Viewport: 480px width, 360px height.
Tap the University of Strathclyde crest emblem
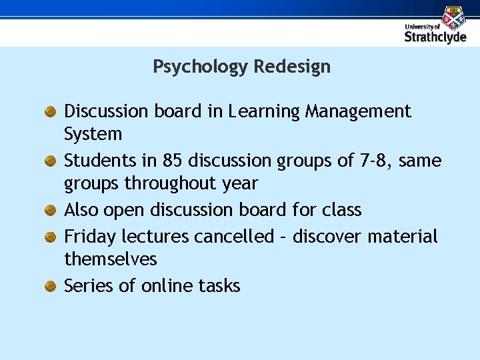pyautogui.click(x=453, y=17)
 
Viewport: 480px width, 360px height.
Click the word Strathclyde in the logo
pyautogui.click(x=435, y=37)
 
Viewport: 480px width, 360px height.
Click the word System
pyautogui.click(x=93, y=134)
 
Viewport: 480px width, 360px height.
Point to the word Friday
pyautogui.click(x=87, y=237)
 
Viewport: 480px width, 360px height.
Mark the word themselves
pyautogui.click(x=110, y=259)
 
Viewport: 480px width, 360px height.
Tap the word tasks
pyautogui.click(x=219, y=286)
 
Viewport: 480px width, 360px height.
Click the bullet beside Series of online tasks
pyautogui.click(x=49, y=287)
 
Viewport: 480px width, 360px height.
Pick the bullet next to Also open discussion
pyautogui.click(x=49, y=211)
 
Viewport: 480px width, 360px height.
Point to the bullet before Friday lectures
pyautogui.click(x=49, y=237)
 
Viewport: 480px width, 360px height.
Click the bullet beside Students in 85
pyautogui.click(x=49, y=161)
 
